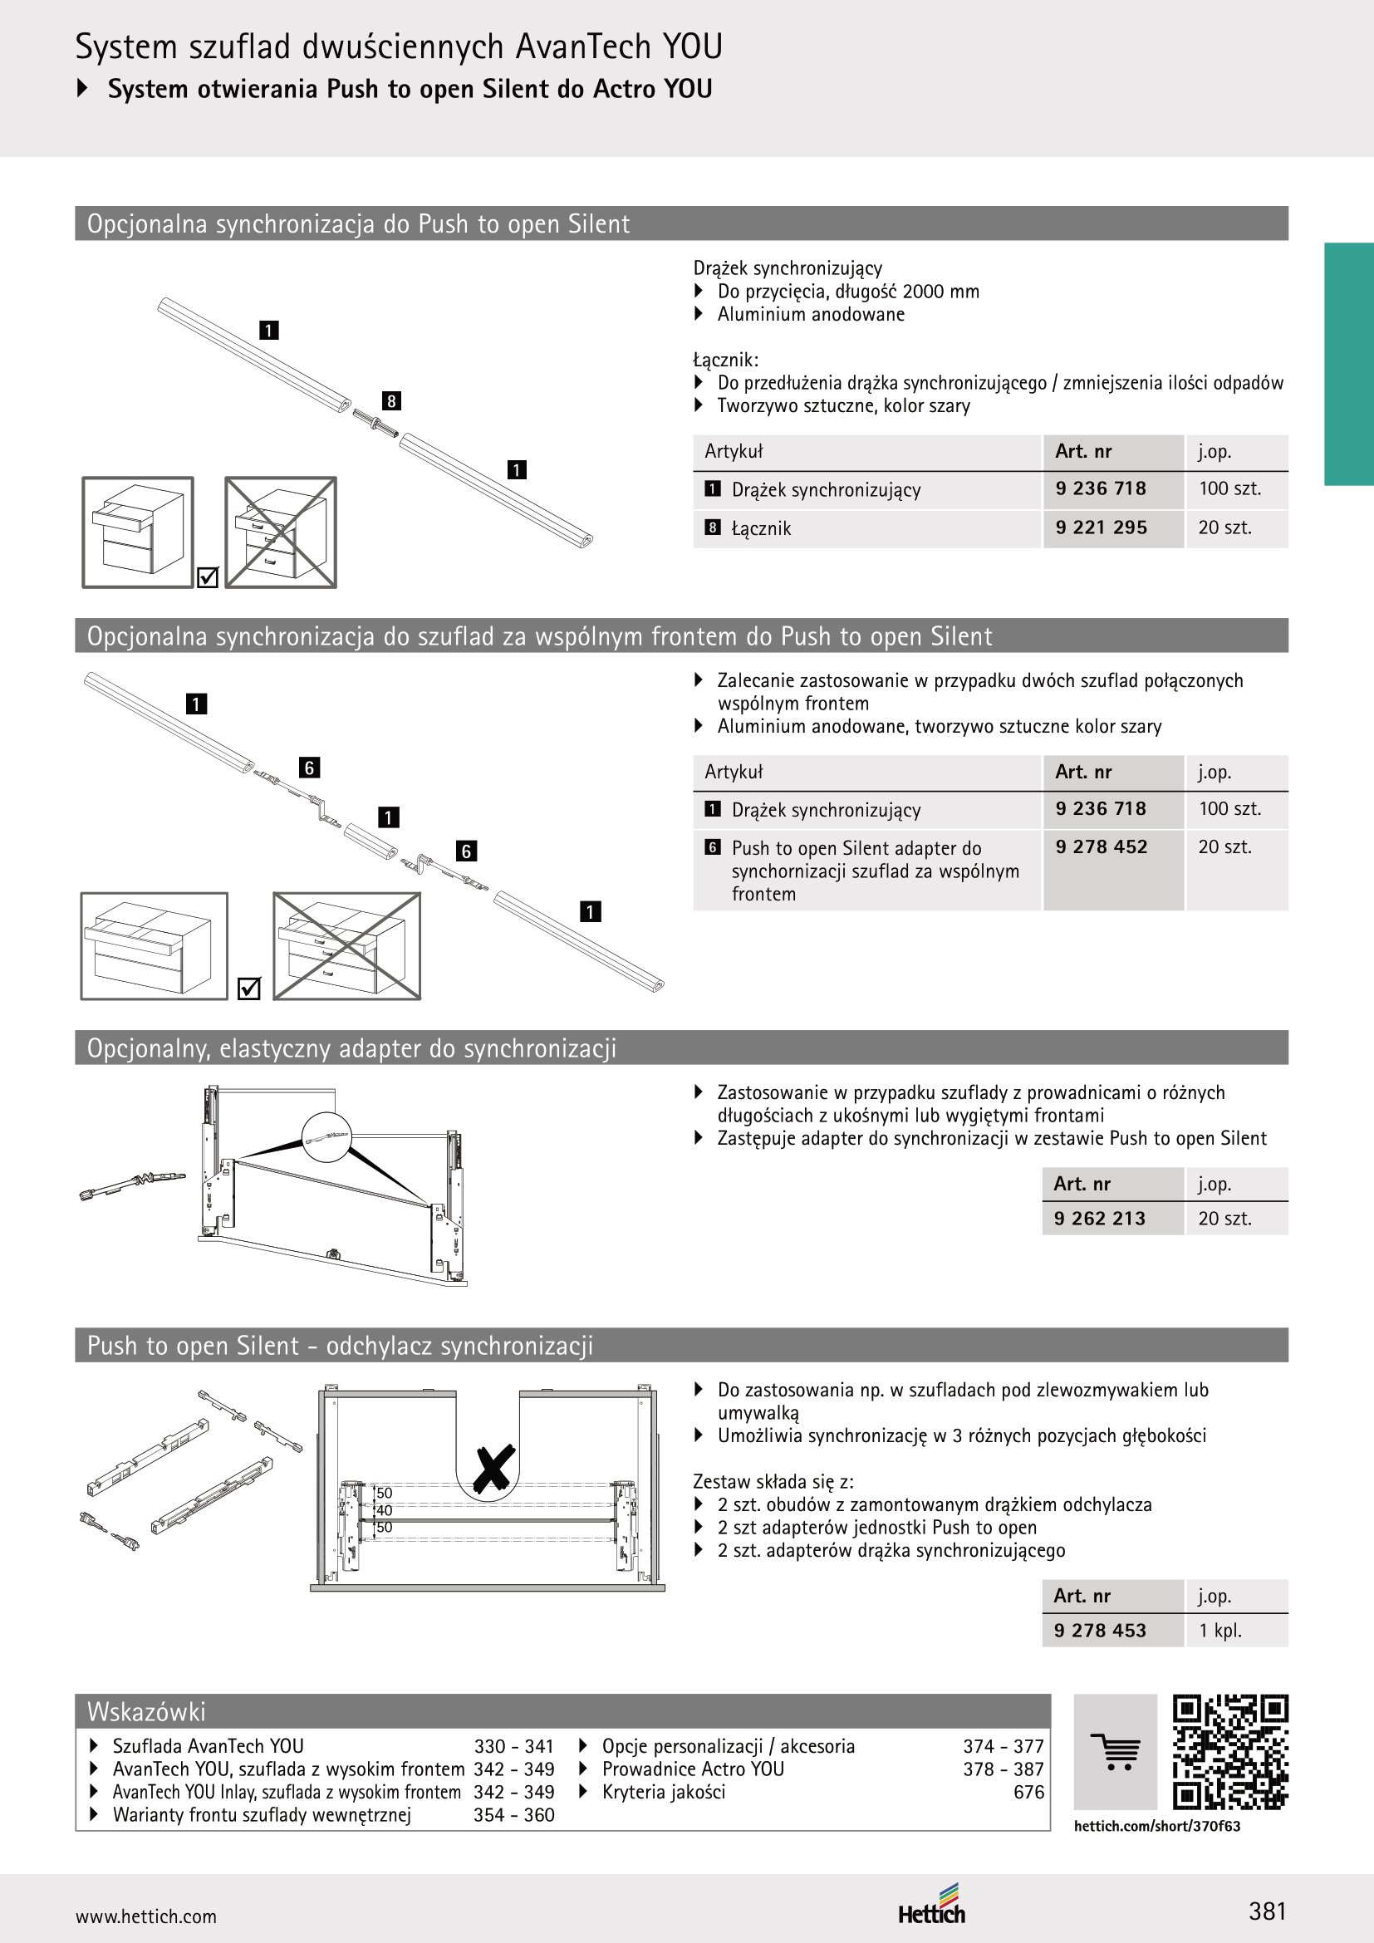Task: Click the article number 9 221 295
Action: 1101,527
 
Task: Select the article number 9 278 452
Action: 1101,846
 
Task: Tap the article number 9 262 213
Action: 1099,1218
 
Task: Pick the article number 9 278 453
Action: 1100,1630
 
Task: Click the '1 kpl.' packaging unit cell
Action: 1220,1630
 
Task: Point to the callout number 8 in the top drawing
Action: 391,400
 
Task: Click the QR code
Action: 1230,1751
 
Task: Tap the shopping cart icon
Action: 1115,1752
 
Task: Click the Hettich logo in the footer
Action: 931,1904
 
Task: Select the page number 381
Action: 1268,1911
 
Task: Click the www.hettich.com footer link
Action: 145,1916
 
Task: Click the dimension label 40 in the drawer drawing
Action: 384,1509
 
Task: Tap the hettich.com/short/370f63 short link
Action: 1156,1825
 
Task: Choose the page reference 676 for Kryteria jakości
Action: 1028,1792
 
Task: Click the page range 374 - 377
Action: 1004,1746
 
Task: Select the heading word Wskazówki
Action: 146,1711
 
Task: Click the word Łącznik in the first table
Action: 762,528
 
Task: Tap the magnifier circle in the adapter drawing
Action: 326,1135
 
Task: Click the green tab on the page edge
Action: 1348,364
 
